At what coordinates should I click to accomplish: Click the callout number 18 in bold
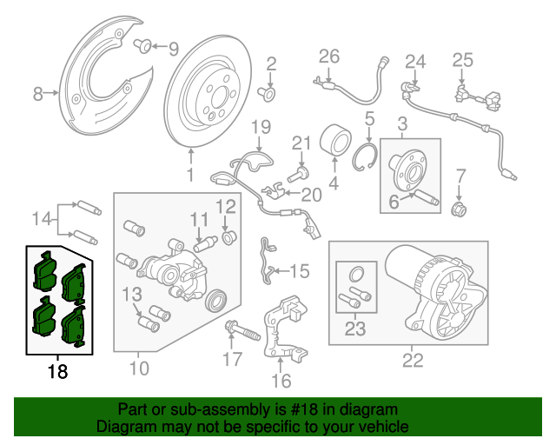tap(57, 372)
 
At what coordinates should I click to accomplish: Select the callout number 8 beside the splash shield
tap(37, 93)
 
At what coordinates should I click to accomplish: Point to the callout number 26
tap(328, 56)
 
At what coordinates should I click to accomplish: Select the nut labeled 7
tap(461, 208)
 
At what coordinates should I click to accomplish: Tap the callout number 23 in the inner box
tap(355, 329)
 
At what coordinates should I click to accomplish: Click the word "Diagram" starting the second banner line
tap(124, 428)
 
